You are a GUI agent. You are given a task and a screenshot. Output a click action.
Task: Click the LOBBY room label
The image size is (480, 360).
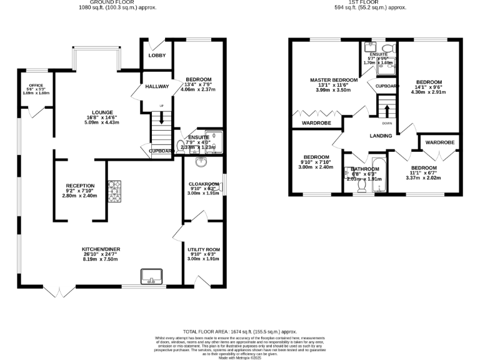click(156, 56)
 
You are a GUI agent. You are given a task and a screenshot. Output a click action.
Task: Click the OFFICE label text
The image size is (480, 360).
click(36, 85)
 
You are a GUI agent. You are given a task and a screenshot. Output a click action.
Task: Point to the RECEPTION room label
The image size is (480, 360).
click(80, 186)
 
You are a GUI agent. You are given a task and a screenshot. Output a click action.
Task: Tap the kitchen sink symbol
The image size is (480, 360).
click(151, 276)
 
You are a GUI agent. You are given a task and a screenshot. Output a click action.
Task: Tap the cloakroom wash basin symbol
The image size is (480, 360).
click(201, 163)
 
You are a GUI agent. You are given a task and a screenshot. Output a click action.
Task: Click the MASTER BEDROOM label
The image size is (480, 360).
click(334, 80)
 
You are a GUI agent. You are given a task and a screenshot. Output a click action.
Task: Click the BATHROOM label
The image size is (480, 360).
click(364, 169)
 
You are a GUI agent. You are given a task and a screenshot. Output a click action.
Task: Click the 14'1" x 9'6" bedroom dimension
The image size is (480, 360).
click(429, 88)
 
